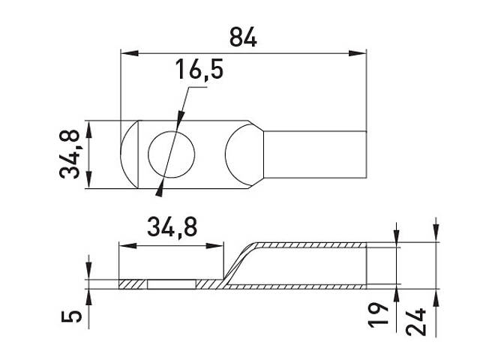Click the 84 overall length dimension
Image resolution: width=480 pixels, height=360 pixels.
(x=243, y=37)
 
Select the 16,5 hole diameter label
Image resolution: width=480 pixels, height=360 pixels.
(x=199, y=70)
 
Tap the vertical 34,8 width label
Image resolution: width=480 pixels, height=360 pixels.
(x=70, y=154)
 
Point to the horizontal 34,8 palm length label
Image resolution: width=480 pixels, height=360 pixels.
(x=172, y=227)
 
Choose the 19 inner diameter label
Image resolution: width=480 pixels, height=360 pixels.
(x=378, y=315)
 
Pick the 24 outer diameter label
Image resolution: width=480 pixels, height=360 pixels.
(x=416, y=322)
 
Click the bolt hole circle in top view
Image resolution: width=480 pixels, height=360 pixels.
(x=171, y=132)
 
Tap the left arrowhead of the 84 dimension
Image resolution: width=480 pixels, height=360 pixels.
(x=130, y=53)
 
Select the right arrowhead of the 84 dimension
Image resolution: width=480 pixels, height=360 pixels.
(x=358, y=53)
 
